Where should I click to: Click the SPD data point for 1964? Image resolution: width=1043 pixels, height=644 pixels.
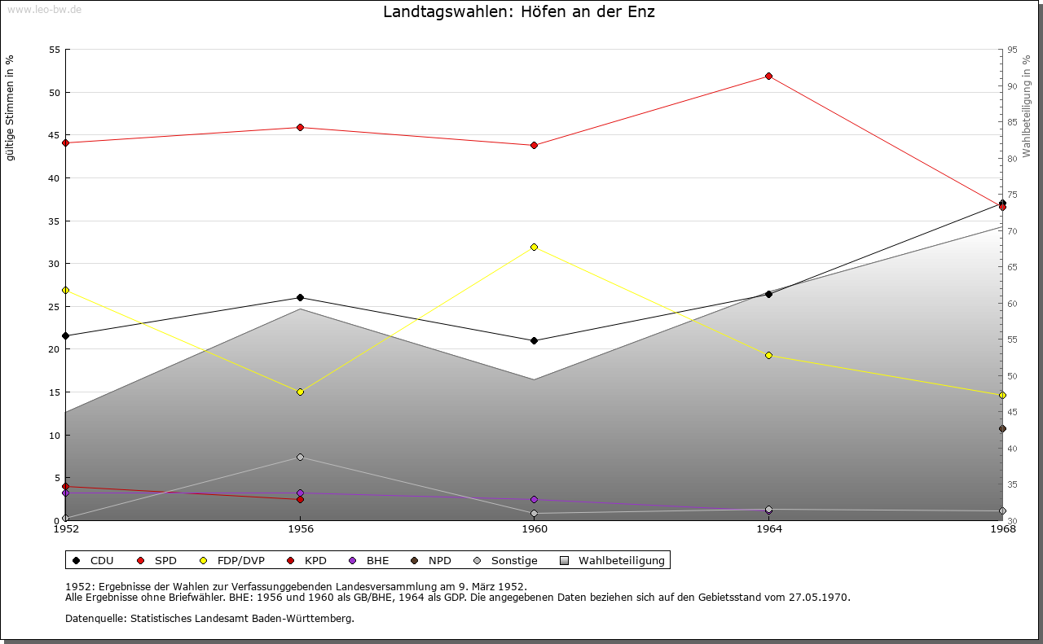click(768, 77)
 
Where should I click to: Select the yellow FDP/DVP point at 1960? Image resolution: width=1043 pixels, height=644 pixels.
click(534, 247)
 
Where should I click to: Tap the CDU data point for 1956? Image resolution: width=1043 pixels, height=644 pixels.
click(300, 298)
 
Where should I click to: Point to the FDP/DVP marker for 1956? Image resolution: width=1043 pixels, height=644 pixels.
click(300, 392)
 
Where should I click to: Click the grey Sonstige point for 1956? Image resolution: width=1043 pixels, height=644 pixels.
click(300, 458)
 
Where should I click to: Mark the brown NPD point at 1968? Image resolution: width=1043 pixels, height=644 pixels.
click(1002, 429)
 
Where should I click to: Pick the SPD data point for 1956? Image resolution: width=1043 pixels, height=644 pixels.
click(300, 128)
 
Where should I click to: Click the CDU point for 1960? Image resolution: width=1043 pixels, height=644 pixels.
click(534, 340)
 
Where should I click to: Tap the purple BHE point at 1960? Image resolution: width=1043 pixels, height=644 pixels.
click(534, 500)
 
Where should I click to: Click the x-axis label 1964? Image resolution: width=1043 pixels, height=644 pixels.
click(768, 529)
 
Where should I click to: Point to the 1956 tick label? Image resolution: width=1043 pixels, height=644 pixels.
click(300, 529)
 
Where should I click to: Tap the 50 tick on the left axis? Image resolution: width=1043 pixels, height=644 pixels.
click(55, 92)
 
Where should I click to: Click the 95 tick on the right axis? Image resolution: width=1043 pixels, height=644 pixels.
click(1011, 50)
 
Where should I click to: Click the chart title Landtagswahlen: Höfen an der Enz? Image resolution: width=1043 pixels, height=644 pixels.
click(519, 12)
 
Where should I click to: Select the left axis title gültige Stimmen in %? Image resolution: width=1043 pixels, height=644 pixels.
click(10, 108)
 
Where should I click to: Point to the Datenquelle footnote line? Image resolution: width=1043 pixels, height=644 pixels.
click(209, 619)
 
